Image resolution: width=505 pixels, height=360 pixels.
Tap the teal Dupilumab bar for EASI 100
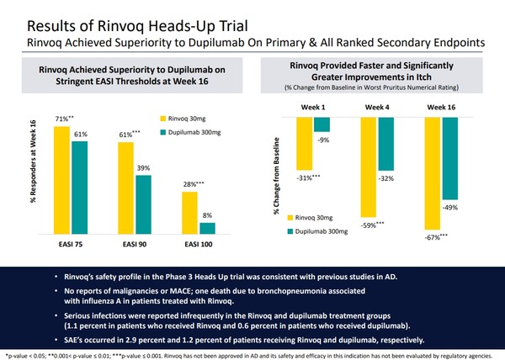tap(207, 228)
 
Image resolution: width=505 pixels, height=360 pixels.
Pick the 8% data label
tap(207, 216)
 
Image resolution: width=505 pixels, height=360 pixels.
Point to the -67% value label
tap(433, 237)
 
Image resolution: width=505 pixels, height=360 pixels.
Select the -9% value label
tap(322, 139)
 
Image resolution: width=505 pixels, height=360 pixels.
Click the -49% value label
tap(451, 207)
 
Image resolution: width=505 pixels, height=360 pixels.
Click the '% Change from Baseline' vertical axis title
tap(277, 174)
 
